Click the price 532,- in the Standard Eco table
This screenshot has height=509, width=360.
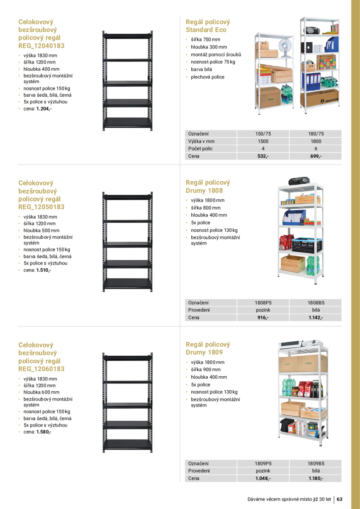tap(263, 156)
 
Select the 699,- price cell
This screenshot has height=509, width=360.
tap(316, 156)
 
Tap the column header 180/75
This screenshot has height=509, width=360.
tap(316, 134)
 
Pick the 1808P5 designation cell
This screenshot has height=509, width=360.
tap(263, 303)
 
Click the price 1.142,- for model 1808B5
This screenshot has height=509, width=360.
tap(316, 318)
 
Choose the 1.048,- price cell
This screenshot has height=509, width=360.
tap(263, 478)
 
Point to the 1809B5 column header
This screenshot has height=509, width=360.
tap(316, 463)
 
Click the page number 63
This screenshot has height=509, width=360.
tap(339, 499)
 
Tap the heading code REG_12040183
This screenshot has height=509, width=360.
tap(41, 46)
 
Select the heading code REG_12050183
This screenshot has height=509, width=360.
tap(41, 207)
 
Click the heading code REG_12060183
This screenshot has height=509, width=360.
tap(41, 369)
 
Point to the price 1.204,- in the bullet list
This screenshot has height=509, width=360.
tap(44, 109)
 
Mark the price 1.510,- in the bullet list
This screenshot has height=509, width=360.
tap(44, 270)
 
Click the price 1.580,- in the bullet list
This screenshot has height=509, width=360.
tap(44, 432)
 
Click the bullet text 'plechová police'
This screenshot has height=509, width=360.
tap(208, 77)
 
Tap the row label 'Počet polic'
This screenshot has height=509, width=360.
tap(201, 149)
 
